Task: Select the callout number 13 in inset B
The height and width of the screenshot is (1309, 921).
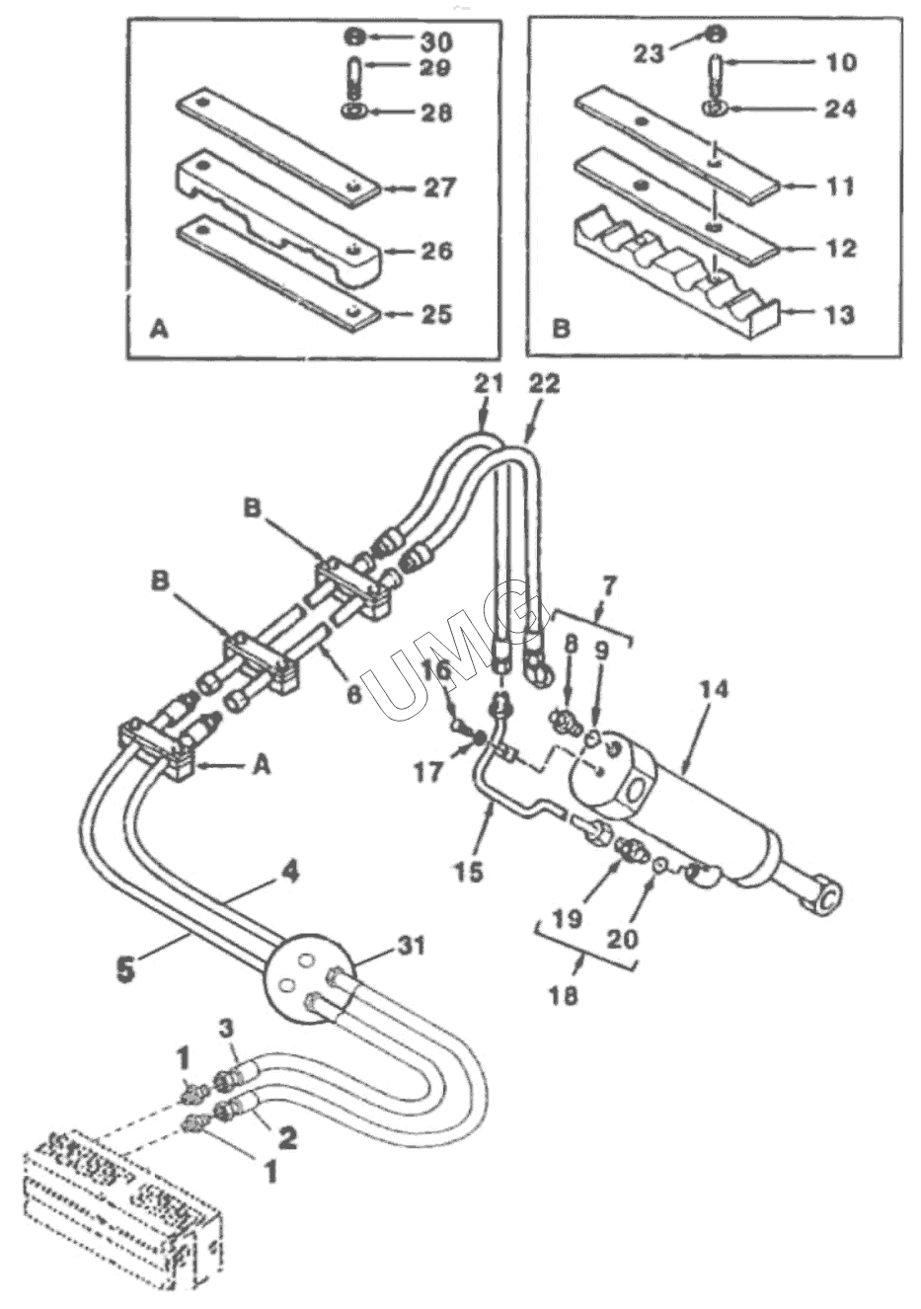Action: click(x=839, y=316)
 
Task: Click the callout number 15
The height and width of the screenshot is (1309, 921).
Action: click(x=472, y=872)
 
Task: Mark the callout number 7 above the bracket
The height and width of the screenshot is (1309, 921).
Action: click(x=609, y=586)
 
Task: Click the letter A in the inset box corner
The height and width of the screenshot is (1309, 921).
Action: click(x=158, y=332)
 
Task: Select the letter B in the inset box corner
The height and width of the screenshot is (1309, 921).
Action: click(x=561, y=329)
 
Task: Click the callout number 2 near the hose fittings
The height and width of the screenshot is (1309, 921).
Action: click(x=287, y=1138)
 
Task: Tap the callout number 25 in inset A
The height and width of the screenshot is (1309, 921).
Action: click(x=434, y=315)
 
